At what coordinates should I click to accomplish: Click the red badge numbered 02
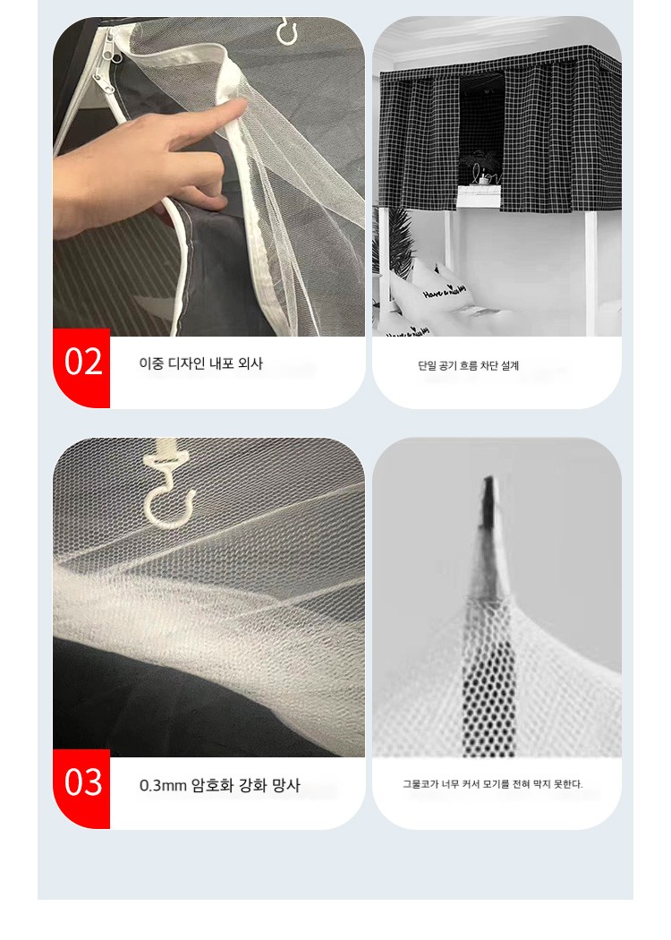81,367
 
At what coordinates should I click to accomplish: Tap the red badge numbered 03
81,789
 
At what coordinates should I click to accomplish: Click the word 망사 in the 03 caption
285,785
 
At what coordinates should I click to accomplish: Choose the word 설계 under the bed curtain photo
509,365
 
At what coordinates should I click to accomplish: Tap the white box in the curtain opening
479,196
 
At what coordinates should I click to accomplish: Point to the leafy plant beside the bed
395,240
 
